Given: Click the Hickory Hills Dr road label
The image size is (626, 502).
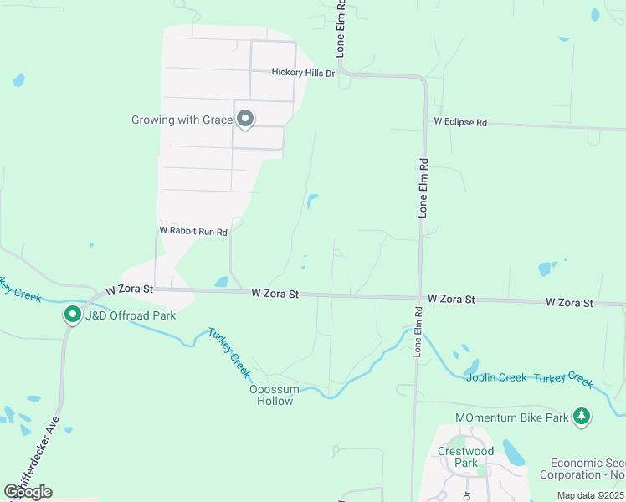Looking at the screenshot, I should (x=303, y=73).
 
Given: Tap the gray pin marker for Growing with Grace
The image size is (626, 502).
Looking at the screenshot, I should (x=245, y=120).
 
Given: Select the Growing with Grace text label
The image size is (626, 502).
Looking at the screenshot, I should (x=182, y=120).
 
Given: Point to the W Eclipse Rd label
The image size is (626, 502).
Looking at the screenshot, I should (x=459, y=122).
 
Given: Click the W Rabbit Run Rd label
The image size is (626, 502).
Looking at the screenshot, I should (x=193, y=230).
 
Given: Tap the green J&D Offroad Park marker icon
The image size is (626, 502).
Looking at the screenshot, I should (x=74, y=315).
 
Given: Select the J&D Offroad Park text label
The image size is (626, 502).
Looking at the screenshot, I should (x=130, y=315).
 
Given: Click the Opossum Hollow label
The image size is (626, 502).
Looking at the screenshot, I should (x=272, y=395).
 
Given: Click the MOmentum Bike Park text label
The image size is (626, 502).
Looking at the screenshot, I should (x=511, y=417).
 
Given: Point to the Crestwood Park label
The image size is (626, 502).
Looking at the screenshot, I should (x=466, y=457).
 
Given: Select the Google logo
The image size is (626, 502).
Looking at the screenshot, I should (x=28, y=491).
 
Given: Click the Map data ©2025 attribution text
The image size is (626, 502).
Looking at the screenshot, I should (x=590, y=495).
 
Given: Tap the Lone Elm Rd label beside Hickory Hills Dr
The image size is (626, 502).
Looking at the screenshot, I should (x=341, y=29).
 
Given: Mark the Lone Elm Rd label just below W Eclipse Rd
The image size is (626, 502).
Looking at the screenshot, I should (x=423, y=188).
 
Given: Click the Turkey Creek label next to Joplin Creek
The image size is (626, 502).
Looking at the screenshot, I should (x=568, y=380).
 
